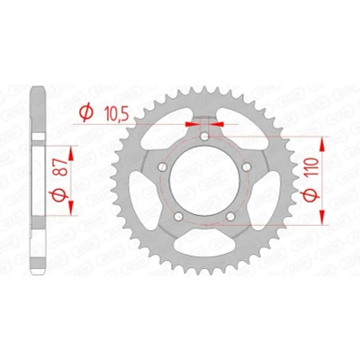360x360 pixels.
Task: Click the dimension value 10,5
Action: pyautogui.click(x=116, y=113)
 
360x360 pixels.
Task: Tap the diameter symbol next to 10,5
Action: pyautogui.click(x=86, y=112)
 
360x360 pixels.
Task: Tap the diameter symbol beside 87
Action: pyautogui.click(x=58, y=195)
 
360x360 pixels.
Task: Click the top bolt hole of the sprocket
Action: pyautogui.click(x=204, y=137)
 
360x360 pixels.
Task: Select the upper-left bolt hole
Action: pyautogui.click(x=163, y=166)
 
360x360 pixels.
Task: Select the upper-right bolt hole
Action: pyautogui.click(x=247, y=166)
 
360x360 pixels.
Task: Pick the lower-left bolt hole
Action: pyautogui.click(x=179, y=216)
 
